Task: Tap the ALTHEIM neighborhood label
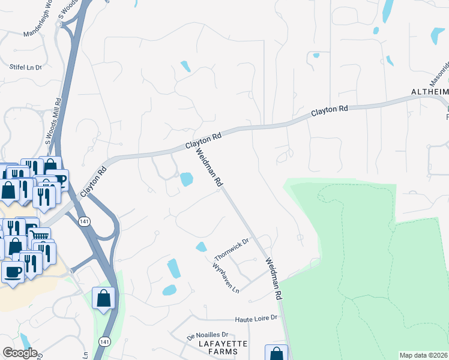(x=429, y=92)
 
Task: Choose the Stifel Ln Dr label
(x=25, y=67)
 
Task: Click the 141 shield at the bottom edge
(x=106, y=341)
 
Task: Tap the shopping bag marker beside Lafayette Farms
(x=276, y=354)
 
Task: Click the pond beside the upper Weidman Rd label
(x=186, y=179)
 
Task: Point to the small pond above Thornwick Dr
(x=201, y=247)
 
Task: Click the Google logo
(x=20, y=353)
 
